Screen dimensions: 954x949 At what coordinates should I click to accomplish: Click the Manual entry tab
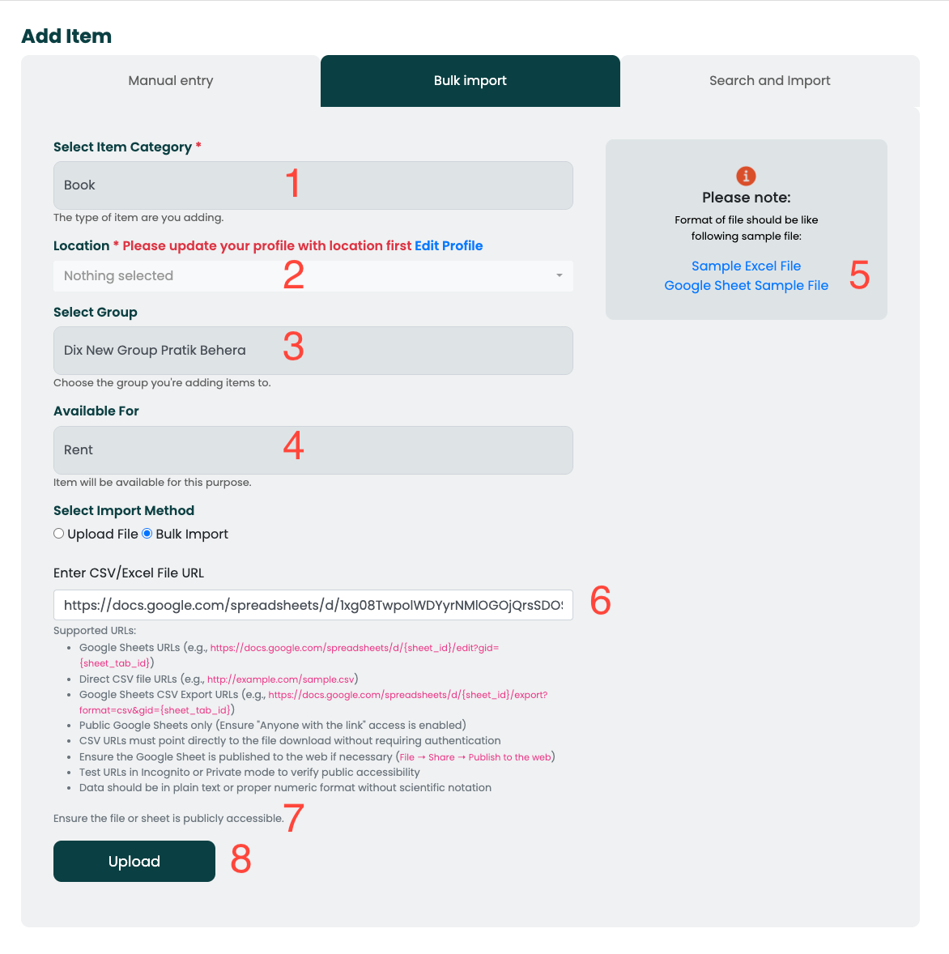click(171, 81)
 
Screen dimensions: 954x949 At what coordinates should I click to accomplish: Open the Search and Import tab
click(769, 81)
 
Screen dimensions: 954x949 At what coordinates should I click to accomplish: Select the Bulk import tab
click(470, 81)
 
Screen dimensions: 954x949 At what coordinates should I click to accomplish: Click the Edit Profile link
click(449, 246)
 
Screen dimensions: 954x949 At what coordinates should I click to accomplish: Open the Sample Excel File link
click(746, 266)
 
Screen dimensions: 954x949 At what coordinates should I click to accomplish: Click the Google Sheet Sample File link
click(746, 286)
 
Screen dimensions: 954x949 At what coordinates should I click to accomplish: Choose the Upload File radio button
click(59, 534)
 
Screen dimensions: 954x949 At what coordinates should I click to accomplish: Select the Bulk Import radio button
click(147, 534)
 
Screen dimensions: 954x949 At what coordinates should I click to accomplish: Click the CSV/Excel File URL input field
click(313, 605)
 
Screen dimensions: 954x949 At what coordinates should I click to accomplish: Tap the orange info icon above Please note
click(746, 176)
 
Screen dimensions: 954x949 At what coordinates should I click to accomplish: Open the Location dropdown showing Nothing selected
click(313, 276)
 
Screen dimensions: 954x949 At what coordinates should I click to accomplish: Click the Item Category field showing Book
click(313, 185)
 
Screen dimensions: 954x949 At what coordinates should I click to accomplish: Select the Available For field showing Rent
click(313, 450)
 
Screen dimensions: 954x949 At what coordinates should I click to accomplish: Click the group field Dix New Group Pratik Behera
click(313, 351)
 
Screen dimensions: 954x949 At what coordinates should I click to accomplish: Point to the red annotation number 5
click(860, 276)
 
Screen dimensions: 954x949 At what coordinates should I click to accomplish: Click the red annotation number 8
click(240, 859)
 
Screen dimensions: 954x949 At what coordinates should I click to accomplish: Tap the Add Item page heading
click(66, 36)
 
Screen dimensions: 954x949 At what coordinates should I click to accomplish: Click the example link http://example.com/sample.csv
click(281, 679)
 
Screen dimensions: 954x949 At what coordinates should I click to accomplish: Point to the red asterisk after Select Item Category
click(198, 146)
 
